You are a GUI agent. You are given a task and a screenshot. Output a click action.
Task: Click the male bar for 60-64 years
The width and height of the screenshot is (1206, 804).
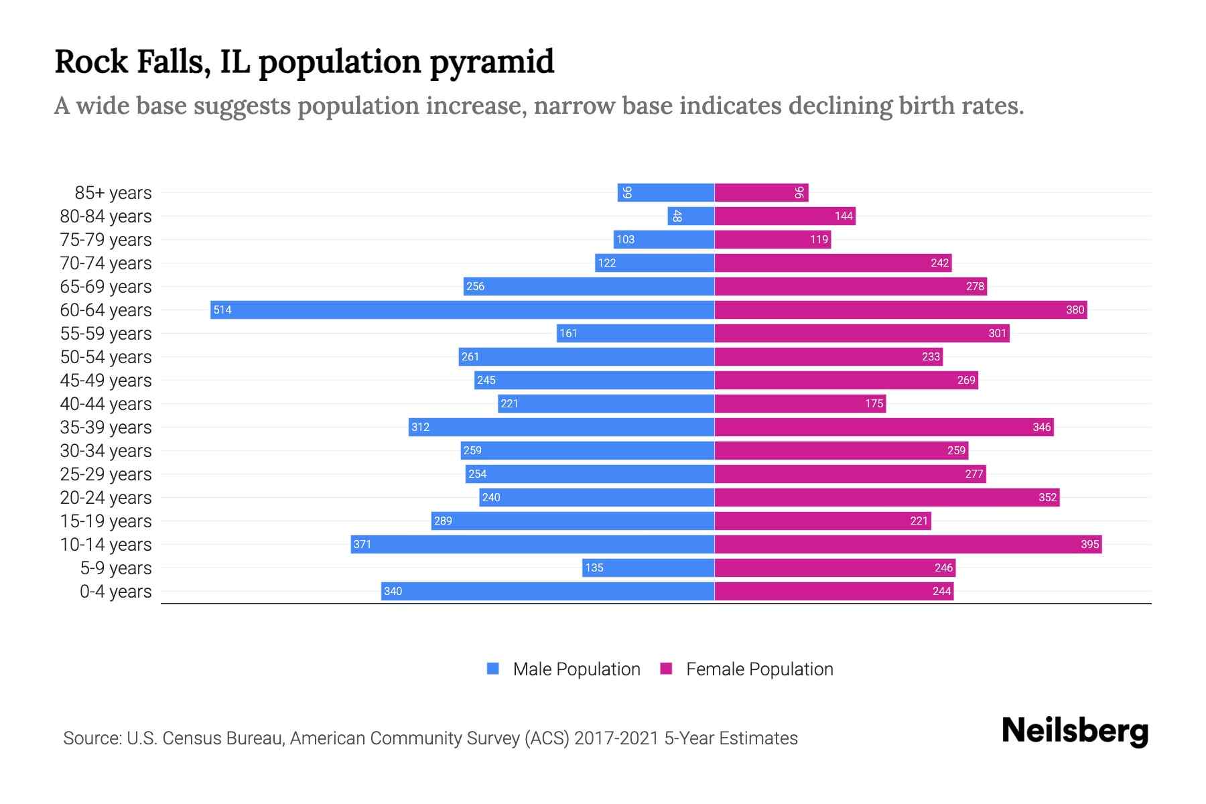point(462,310)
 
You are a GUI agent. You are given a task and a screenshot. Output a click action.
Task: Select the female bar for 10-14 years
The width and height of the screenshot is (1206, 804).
point(908,544)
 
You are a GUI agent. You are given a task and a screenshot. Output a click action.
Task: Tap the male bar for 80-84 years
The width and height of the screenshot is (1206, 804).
point(691,216)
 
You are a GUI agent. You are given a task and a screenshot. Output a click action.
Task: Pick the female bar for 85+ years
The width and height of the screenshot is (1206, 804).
point(761,192)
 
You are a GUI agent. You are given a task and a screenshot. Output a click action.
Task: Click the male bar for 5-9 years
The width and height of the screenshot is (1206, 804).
point(648,567)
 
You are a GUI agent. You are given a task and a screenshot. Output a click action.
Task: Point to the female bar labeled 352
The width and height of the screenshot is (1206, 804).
point(886,497)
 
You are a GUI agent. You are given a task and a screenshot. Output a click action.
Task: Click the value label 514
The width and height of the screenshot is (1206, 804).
point(222,310)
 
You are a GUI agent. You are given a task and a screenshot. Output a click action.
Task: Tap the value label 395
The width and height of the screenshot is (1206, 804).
point(1089,544)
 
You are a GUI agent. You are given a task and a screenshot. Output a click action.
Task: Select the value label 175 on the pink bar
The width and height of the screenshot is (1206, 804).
point(874,403)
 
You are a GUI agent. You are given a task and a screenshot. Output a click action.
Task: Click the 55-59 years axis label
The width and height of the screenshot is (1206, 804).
point(106,333)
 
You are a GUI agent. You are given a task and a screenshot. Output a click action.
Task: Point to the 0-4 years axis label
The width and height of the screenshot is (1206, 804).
point(115,591)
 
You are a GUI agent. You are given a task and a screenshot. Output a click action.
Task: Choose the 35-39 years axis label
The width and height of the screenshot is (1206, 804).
point(106,427)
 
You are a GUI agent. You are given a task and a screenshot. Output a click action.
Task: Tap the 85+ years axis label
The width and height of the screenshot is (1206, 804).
point(113,192)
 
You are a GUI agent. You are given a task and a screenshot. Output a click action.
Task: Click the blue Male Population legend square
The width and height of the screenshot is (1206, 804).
point(493,669)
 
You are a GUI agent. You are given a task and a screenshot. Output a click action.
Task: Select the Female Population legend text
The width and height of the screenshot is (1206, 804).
point(759,669)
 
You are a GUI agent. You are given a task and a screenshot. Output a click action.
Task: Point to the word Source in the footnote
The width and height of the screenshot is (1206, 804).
point(91,738)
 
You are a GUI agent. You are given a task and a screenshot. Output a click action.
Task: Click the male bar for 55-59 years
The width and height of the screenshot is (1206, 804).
point(635,333)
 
